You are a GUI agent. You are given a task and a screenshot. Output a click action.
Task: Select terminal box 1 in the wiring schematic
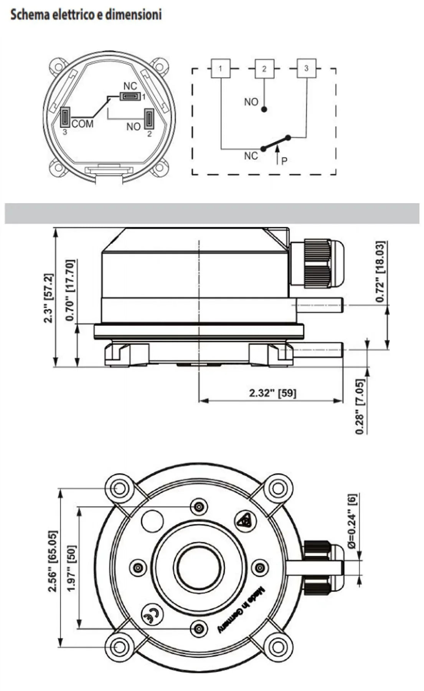pos(221,69)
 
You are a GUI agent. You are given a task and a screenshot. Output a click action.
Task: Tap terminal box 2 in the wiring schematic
pos(264,69)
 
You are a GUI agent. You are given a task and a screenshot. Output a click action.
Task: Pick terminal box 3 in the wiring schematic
pos(306,68)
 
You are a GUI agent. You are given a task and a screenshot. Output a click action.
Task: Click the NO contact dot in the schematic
pos(264,109)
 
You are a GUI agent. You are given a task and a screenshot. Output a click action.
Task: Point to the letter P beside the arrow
pos(284,161)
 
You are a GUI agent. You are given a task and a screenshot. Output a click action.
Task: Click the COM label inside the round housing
pos(82,124)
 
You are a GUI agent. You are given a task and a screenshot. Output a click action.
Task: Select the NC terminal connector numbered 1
pos(130,96)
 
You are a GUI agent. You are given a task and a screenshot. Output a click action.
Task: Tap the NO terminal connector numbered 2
pos(148,119)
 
